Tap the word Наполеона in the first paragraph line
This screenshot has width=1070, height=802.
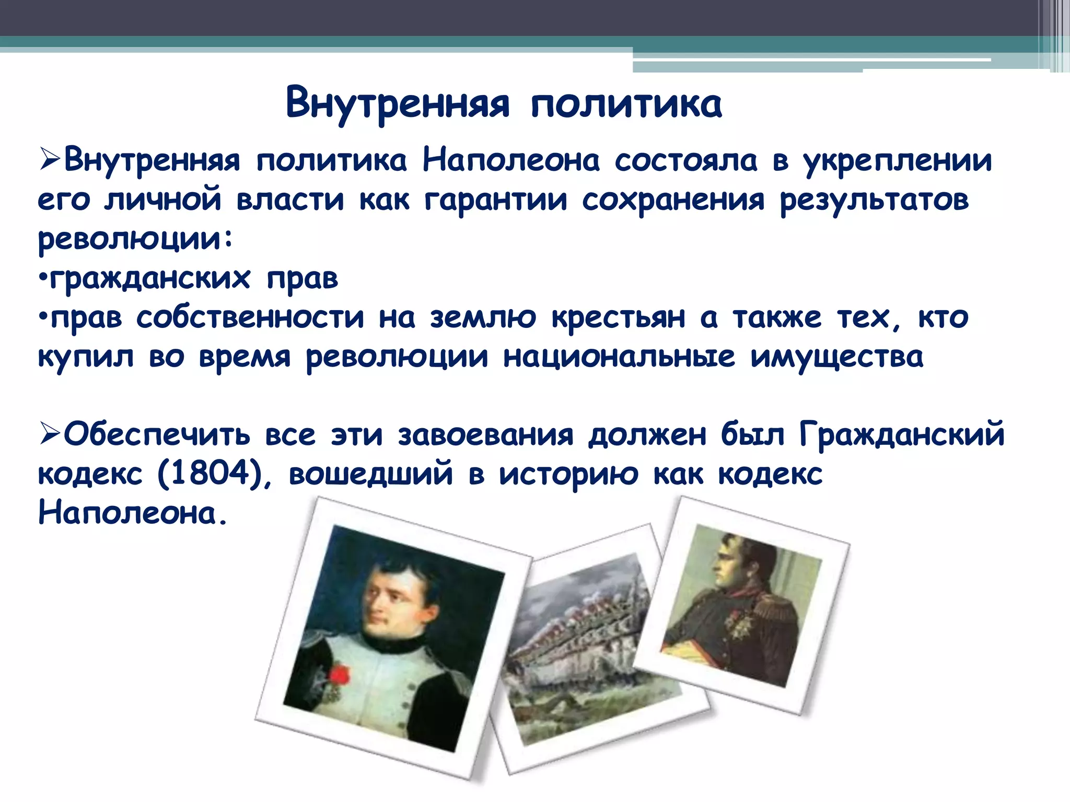[511, 160]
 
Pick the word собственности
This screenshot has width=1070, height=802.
[250, 317]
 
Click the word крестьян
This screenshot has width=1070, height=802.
[618, 317]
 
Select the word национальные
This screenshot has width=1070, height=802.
[619, 357]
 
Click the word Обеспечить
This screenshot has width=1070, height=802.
[157, 434]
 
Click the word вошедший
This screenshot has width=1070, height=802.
[370, 474]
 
